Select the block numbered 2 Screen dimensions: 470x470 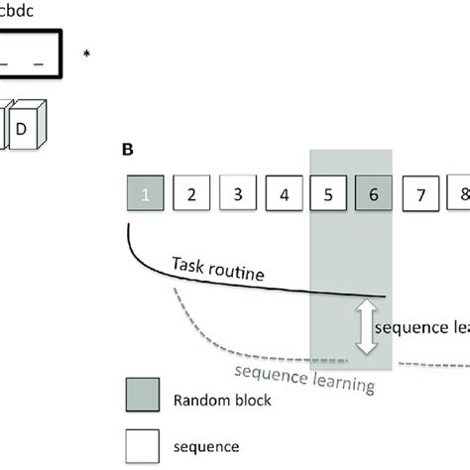tap(192, 193)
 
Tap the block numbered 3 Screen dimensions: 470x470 tap(238, 193)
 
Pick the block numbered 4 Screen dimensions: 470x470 tap(284, 193)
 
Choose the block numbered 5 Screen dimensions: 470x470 tap(329, 193)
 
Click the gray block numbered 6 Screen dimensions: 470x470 tap(374, 193)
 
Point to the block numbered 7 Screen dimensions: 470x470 tap(421, 193)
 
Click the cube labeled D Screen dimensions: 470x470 tap(23, 129)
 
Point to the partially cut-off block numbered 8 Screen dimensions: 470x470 tap(461, 193)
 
